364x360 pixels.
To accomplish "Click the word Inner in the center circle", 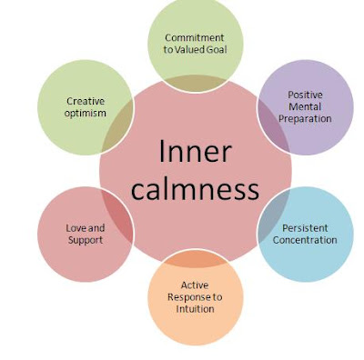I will click(194, 152).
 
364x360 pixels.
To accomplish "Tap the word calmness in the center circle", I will click(194, 189).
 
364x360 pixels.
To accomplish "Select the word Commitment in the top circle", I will click(195, 37).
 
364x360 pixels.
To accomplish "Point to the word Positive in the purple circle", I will click(305, 95).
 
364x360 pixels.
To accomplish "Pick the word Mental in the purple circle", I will click(305, 106).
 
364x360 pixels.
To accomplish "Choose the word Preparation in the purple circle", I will click(305, 118).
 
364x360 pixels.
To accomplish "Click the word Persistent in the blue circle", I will click(305, 227).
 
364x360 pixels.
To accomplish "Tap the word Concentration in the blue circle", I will click(305, 240).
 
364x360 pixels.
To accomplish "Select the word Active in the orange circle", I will click(195, 285).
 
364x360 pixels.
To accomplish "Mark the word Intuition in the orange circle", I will click(195, 308).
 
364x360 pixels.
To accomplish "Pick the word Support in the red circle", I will click(85, 240).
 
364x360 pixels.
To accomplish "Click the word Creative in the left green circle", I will click(85, 101).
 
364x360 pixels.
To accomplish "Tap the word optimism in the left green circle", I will click(85, 114).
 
